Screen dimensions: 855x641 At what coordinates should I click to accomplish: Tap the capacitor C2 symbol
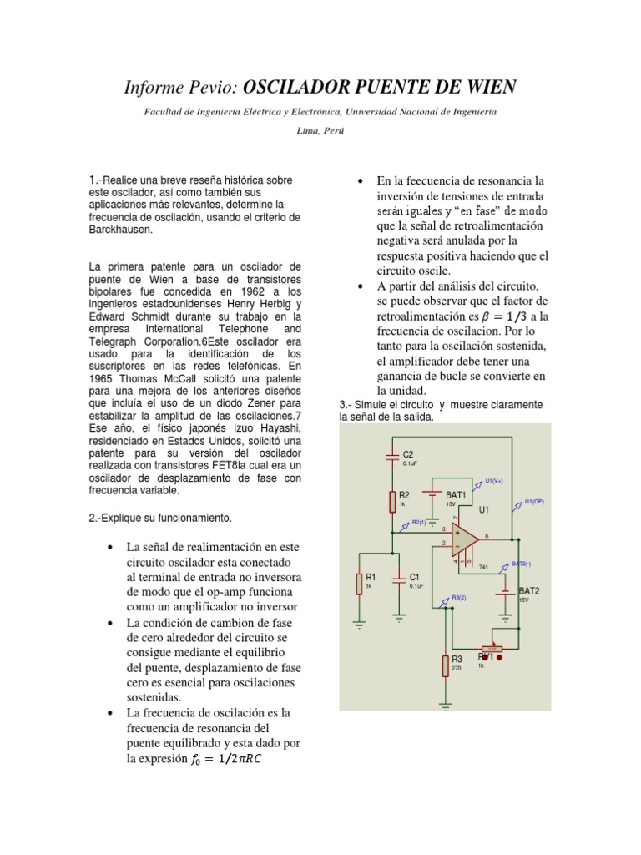point(392,456)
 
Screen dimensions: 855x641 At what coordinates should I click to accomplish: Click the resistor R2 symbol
point(392,502)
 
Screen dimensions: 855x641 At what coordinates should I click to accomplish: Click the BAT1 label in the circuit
point(456,495)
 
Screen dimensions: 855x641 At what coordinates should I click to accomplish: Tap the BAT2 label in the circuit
point(529,590)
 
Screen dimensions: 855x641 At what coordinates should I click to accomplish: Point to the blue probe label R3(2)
point(459,597)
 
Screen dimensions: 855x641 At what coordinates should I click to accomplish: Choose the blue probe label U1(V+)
point(495,480)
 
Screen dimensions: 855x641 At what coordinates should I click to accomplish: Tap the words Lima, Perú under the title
point(320,131)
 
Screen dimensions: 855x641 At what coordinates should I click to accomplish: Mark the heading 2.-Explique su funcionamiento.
point(159,519)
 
